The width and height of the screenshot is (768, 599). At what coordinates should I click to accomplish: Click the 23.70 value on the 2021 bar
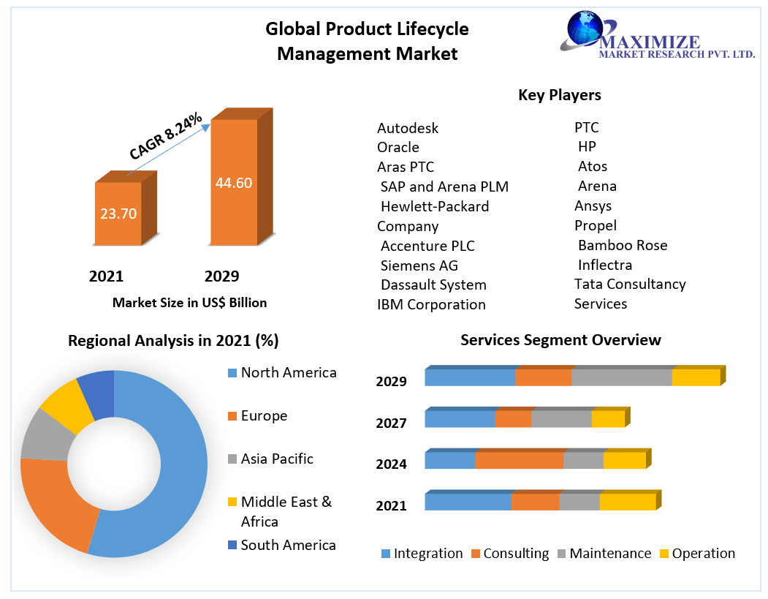pyautogui.click(x=118, y=214)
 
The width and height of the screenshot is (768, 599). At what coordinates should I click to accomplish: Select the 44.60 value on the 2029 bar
pyautogui.click(x=234, y=183)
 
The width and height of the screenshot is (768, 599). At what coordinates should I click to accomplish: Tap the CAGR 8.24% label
pyautogui.click(x=166, y=136)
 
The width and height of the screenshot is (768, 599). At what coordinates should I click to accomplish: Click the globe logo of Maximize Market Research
pyautogui.click(x=585, y=31)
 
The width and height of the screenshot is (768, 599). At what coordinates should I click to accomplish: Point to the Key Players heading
pyautogui.click(x=559, y=95)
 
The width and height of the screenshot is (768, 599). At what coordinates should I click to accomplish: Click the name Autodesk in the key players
pyautogui.click(x=408, y=128)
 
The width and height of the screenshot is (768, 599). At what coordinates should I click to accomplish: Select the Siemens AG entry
pyautogui.click(x=419, y=265)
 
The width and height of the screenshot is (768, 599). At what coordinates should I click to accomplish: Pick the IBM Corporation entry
pyautogui.click(x=431, y=304)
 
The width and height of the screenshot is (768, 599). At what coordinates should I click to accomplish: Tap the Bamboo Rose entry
pyautogui.click(x=622, y=245)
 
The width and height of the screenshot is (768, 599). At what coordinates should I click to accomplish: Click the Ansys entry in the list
pyautogui.click(x=593, y=206)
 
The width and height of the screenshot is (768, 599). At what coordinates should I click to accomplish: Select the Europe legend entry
pyautogui.click(x=264, y=415)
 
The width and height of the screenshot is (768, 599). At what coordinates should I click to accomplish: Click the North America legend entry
pyautogui.click(x=289, y=372)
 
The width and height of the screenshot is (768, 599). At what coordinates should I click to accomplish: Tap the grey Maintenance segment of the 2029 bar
pyautogui.click(x=621, y=377)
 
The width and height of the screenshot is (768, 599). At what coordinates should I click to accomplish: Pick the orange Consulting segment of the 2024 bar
pyautogui.click(x=519, y=461)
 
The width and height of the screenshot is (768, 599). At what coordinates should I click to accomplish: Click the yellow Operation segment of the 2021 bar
pyautogui.click(x=627, y=502)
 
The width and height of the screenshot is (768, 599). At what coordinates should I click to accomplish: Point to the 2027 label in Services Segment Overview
pyautogui.click(x=391, y=423)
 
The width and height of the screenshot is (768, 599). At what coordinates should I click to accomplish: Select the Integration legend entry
pyautogui.click(x=427, y=554)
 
